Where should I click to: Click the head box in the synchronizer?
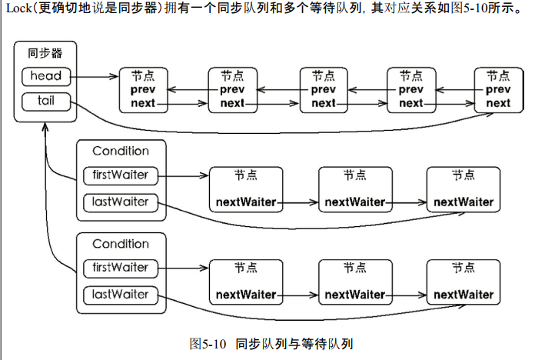46,77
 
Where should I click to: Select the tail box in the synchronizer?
46,101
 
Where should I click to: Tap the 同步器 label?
45,53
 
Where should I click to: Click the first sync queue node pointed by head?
143,90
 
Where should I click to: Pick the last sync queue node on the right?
497,90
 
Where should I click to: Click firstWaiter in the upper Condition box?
120,175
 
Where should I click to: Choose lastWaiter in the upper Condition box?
120,202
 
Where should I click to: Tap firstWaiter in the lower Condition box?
120,268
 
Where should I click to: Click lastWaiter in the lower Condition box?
120,295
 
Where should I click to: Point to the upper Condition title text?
120,152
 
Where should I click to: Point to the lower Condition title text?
120,244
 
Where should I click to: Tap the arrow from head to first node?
95,77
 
